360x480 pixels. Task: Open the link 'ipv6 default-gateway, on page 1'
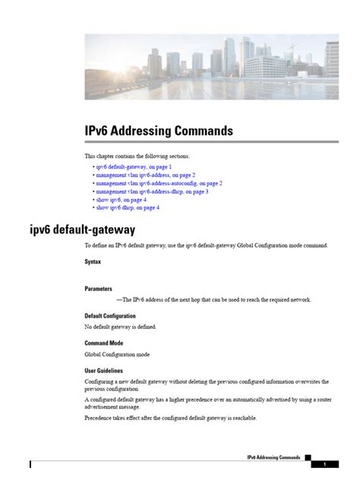click(x=133, y=166)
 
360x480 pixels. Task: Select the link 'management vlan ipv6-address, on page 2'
click(x=145, y=175)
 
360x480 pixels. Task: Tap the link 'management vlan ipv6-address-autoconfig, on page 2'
click(x=159, y=183)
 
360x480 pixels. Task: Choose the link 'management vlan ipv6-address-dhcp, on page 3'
click(x=152, y=191)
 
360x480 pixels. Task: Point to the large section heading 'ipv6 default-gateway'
click(x=72, y=229)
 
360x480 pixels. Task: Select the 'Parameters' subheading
click(x=99, y=289)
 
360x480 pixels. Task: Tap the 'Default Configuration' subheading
click(x=110, y=316)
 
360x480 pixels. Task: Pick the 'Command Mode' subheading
click(x=105, y=343)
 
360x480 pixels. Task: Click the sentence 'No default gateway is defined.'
click(x=120, y=327)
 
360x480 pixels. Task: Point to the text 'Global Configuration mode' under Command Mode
click(x=117, y=354)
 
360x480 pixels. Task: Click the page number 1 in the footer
click(x=324, y=463)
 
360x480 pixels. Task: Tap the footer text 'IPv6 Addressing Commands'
click(x=273, y=457)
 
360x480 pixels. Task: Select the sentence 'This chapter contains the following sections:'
click(x=137, y=155)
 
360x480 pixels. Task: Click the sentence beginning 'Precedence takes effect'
click(x=170, y=418)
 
